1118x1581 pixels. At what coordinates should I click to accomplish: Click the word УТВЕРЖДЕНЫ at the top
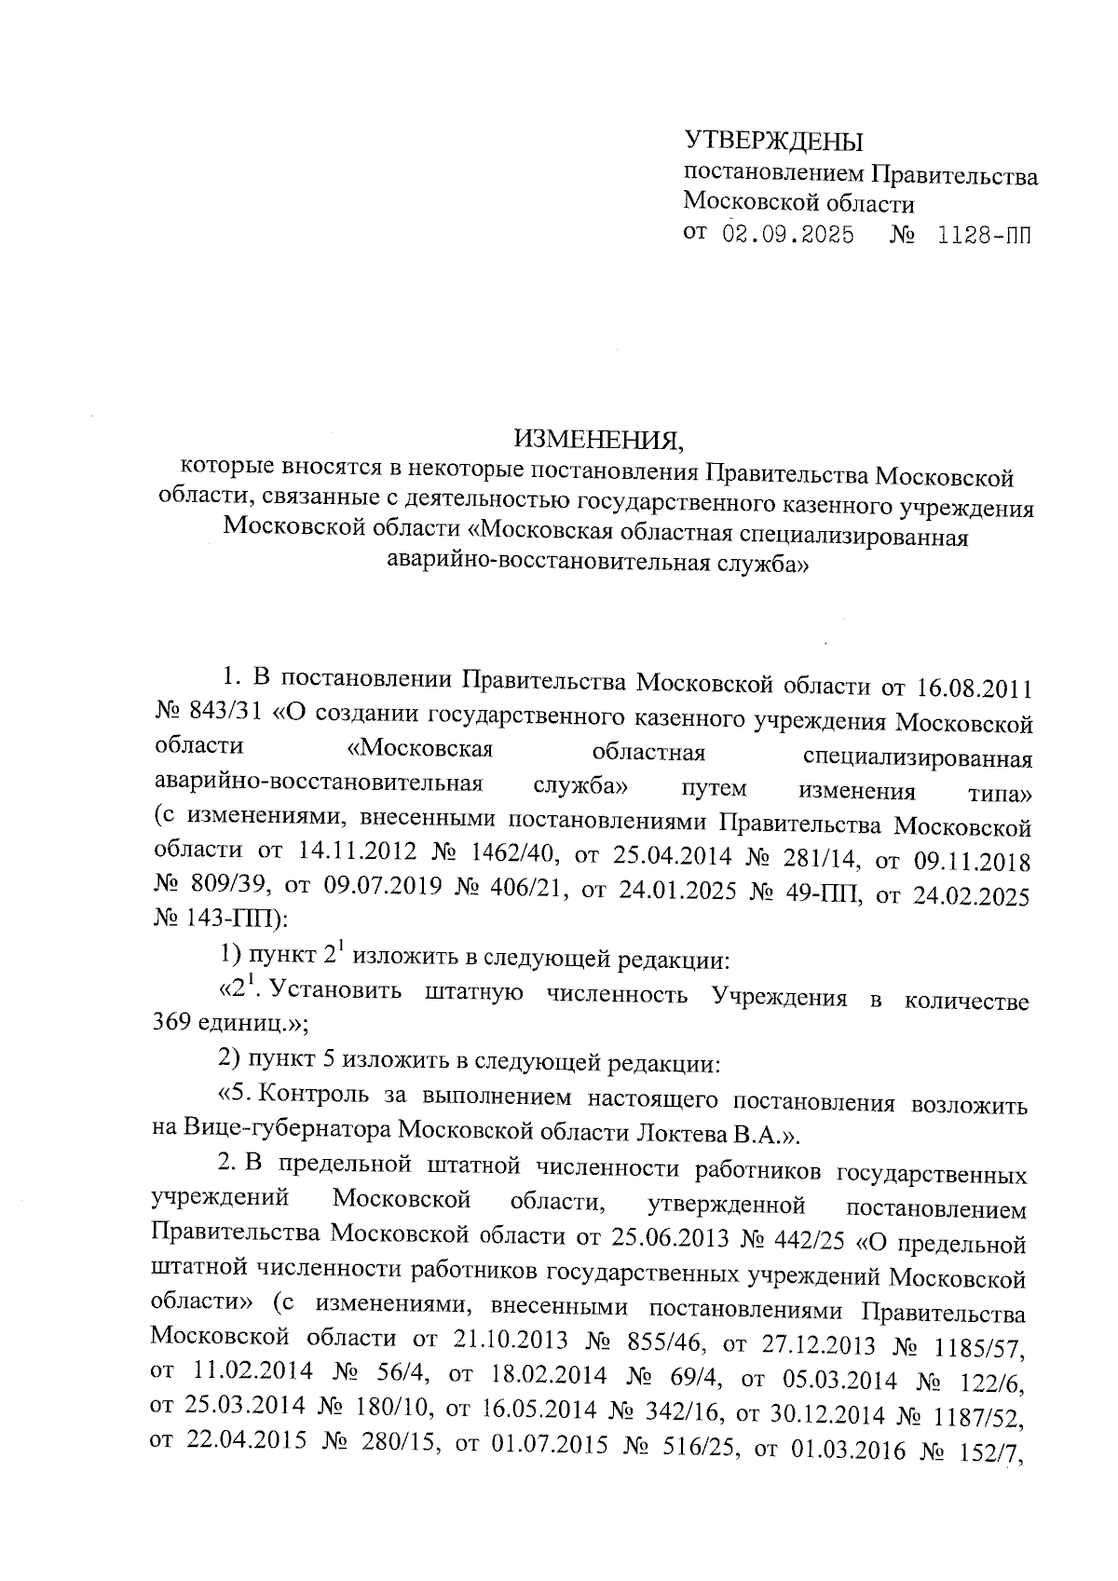(x=773, y=142)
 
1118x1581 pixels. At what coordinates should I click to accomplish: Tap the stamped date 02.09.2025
(x=788, y=234)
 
